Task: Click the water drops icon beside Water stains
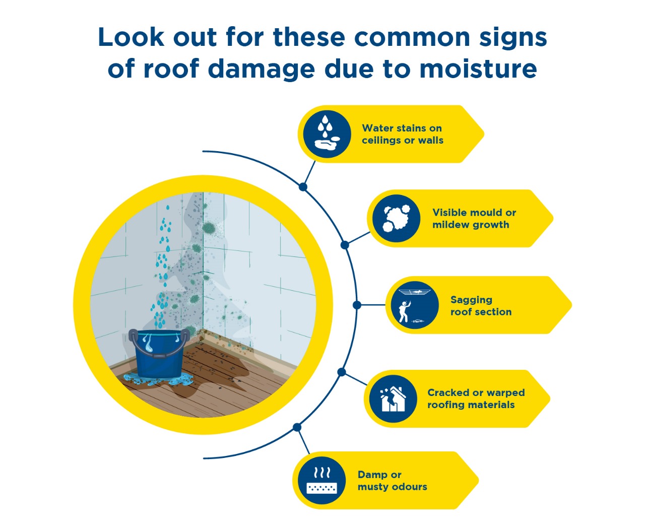[327, 134]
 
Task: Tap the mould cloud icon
[397, 218]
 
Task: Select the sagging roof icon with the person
[415, 305]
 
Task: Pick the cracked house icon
[393, 399]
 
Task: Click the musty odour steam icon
[321, 480]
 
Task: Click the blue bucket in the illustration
[158, 354]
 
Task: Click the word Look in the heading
[131, 37]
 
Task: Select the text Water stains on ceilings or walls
[403, 134]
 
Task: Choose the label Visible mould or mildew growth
[474, 218]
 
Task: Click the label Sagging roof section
[481, 305]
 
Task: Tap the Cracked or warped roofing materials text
[476, 399]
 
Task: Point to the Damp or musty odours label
[393, 481]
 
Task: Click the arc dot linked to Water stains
[303, 186]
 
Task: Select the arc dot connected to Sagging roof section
[357, 305]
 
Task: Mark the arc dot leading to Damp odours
[297, 427]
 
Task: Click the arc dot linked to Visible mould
[345, 245]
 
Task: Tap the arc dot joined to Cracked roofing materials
[341, 372]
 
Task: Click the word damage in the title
[261, 70]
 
